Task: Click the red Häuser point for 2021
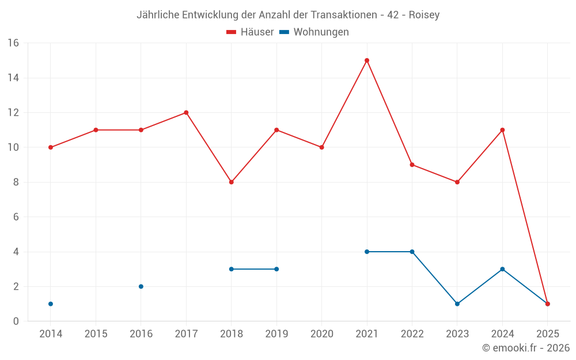tap(367, 60)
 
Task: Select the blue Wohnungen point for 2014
tap(51, 304)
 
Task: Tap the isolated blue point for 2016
tap(141, 286)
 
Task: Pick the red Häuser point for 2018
tap(232, 182)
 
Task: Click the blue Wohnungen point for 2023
tap(457, 304)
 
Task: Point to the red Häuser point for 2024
tap(502, 130)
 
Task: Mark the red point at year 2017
tap(186, 113)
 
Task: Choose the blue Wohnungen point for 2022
tap(412, 252)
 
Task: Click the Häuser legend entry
tap(250, 32)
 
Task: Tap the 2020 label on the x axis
tap(321, 334)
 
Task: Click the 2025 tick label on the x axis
tap(547, 334)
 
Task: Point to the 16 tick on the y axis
tap(13, 43)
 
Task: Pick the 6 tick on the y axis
tap(16, 217)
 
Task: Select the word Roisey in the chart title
tap(424, 15)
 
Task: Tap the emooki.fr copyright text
tap(525, 348)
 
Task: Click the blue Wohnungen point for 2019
tap(276, 269)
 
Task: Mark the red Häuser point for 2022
tap(412, 165)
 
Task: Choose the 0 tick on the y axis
tap(16, 321)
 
